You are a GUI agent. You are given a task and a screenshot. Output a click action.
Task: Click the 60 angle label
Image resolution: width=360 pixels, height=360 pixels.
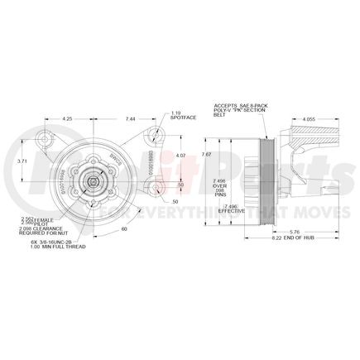point(126,228)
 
